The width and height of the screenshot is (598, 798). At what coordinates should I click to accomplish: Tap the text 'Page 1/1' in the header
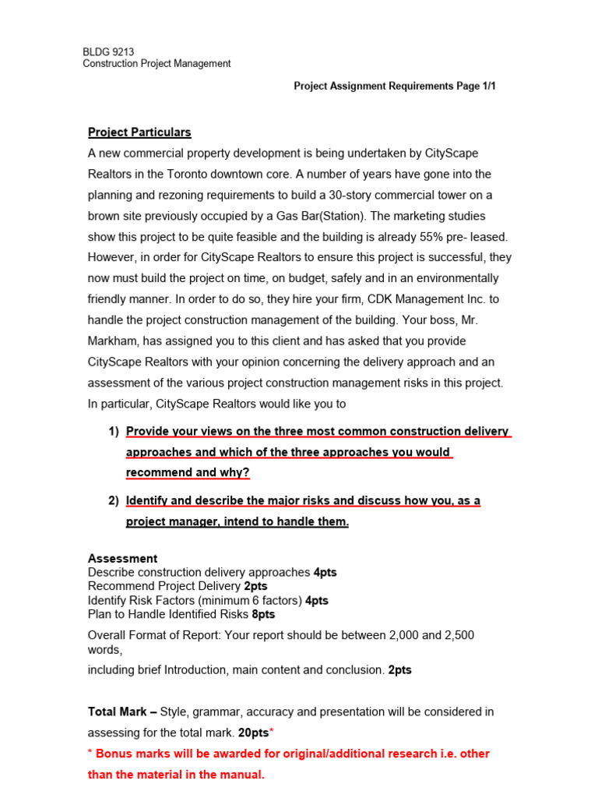(x=476, y=87)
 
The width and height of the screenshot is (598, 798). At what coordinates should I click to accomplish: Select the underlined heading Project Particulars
(x=139, y=132)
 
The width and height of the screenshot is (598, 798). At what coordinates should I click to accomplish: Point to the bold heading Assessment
(x=122, y=559)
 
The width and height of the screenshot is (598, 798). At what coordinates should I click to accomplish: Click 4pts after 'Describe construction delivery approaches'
(x=325, y=572)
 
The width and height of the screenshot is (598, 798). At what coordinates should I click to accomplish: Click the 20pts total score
(x=252, y=733)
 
